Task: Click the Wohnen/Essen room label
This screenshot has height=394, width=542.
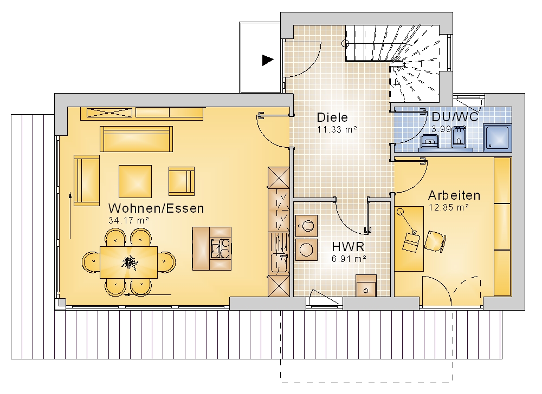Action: [156, 208]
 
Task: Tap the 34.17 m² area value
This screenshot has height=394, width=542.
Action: [128, 220]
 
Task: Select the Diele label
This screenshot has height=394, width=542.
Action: [332, 117]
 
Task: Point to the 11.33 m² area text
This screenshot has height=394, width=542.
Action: [337, 130]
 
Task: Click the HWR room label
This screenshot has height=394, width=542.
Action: [348, 247]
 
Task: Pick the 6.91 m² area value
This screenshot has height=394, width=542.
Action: [349, 259]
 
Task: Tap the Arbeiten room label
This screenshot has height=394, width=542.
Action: [454, 195]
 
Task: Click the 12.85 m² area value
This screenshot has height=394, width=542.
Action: [449, 208]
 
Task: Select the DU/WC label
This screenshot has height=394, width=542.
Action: [455, 117]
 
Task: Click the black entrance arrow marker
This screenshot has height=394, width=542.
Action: [268, 60]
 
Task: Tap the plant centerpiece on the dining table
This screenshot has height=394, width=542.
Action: [130, 262]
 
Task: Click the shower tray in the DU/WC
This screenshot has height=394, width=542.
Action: [497, 137]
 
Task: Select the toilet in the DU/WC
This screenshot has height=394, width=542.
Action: [459, 138]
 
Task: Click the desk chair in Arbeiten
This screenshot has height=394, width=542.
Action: [435, 241]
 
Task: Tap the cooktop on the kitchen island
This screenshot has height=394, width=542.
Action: [221, 248]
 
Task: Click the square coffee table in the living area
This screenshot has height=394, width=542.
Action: [135, 181]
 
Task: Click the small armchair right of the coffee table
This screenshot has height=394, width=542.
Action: [182, 181]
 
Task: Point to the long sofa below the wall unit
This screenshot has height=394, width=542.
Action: [136, 139]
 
